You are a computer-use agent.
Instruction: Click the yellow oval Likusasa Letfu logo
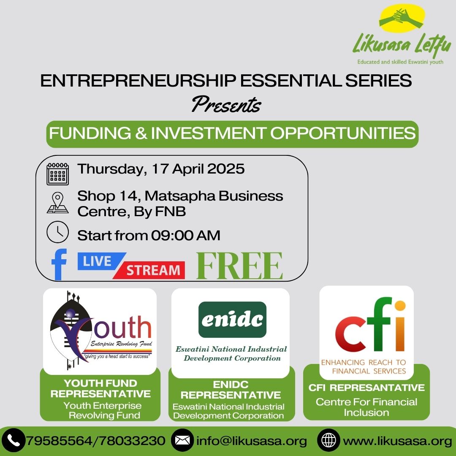click(x=402, y=18)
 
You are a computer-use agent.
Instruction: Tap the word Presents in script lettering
click(x=226, y=105)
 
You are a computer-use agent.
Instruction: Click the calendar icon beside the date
click(x=57, y=174)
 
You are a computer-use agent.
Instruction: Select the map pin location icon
click(x=57, y=203)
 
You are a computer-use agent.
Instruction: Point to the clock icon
click(x=57, y=232)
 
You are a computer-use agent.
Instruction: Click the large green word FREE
click(x=239, y=266)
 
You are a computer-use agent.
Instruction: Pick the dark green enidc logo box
click(x=232, y=320)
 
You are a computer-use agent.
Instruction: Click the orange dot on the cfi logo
click(x=400, y=306)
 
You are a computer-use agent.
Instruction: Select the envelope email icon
click(x=182, y=440)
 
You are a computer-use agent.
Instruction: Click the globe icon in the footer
click(x=328, y=440)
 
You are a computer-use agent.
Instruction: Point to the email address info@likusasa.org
click(x=252, y=441)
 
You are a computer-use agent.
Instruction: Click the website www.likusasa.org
click(x=398, y=441)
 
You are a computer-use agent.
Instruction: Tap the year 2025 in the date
click(x=225, y=169)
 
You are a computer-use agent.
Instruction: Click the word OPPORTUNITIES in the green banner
click(x=343, y=133)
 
